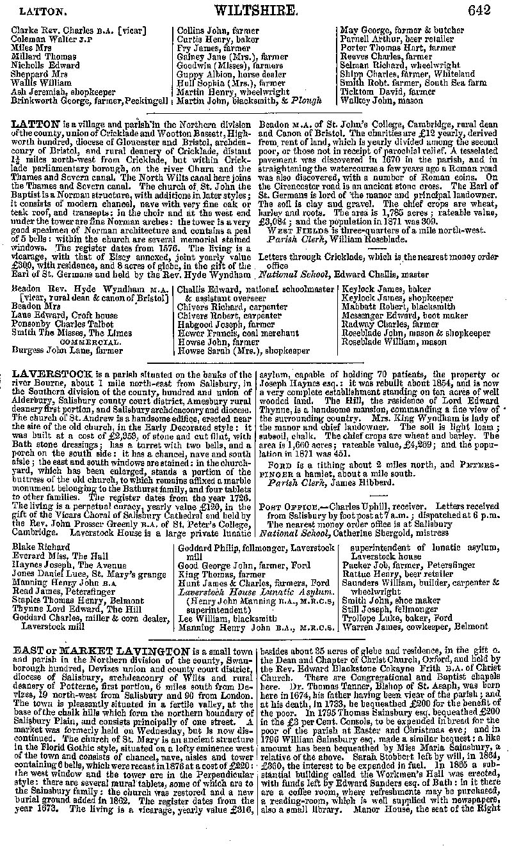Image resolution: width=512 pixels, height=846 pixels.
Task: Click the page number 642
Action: (x=479, y=10)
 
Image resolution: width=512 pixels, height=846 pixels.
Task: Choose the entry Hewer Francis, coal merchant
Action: (x=238, y=333)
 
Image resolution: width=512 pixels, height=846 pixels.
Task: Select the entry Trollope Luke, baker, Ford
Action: (x=397, y=618)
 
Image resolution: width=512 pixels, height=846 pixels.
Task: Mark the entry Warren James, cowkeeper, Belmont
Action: (x=415, y=627)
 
